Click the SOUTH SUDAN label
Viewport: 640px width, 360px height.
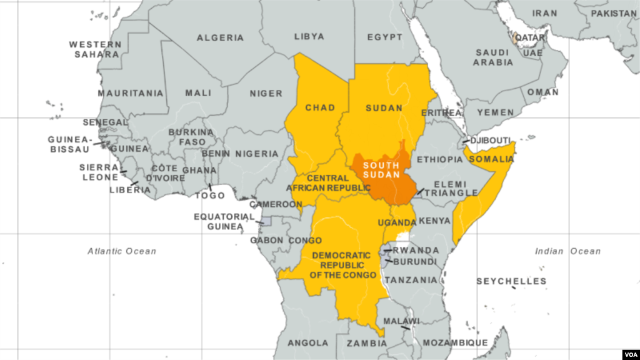[x=381, y=170]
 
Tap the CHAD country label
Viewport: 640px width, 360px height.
[x=320, y=108]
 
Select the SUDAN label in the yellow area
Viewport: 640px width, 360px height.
[x=384, y=108]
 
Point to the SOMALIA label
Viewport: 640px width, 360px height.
[x=491, y=159]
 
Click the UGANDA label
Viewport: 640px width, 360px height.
[x=396, y=223]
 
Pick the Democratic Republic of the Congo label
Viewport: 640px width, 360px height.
[x=341, y=265]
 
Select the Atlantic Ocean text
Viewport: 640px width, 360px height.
[x=122, y=251]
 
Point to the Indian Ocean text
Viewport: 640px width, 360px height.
[x=567, y=251]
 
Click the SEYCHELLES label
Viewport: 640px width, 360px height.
[x=511, y=281]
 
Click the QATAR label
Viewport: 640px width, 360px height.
[x=531, y=37]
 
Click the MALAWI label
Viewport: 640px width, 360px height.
[x=401, y=321]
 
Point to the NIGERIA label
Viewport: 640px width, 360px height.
[x=257, y=154]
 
